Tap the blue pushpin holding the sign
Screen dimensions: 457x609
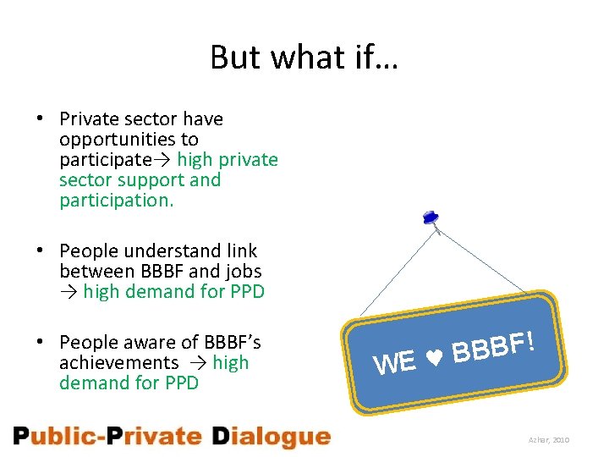(431, 218)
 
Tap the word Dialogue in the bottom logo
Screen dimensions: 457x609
(271, 437)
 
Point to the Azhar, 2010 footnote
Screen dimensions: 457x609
(550, 441)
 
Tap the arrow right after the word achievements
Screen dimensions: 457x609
(195, 363)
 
